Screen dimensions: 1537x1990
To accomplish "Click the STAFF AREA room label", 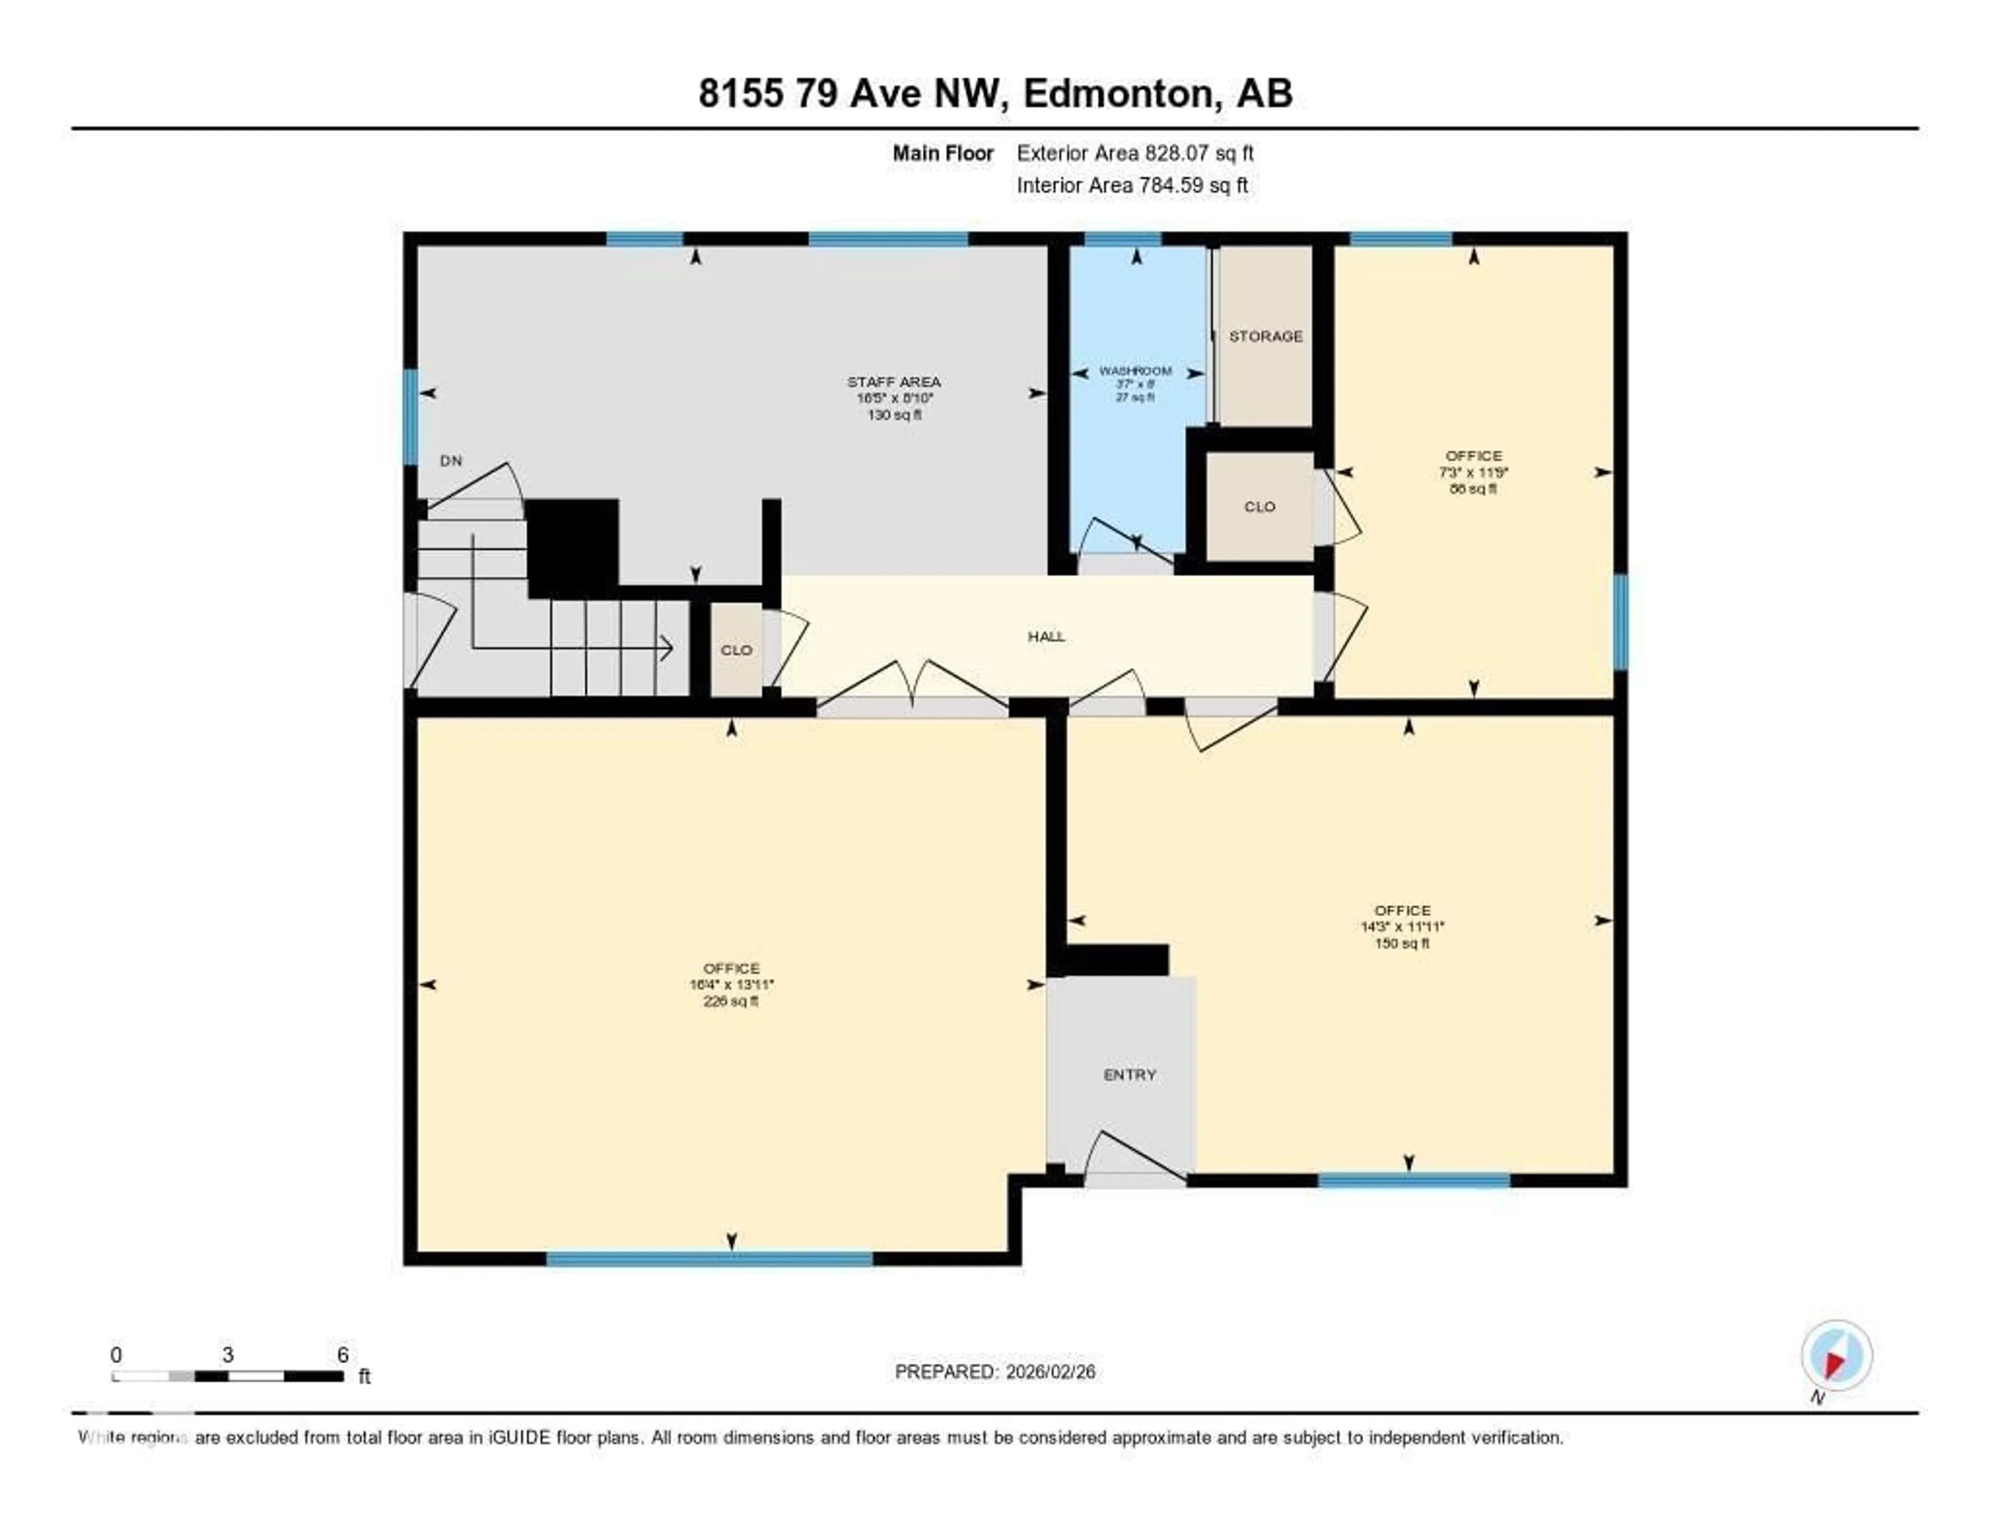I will tap(894, 382).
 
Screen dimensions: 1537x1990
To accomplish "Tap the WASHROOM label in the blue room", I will tap(1135, 371).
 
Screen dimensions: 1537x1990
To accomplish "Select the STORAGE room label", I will tap(1266, 336).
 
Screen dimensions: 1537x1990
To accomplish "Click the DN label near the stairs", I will tap(451, 461).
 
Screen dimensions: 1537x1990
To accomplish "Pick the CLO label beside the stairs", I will tap(736, 650).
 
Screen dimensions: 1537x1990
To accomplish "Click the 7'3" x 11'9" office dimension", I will tap(1473, 472).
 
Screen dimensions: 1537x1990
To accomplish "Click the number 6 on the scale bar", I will tap(343, 1355).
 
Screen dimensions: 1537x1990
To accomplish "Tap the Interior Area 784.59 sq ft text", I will tap(1132, 185).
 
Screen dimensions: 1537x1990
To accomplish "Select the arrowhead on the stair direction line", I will tap(667, 649).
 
